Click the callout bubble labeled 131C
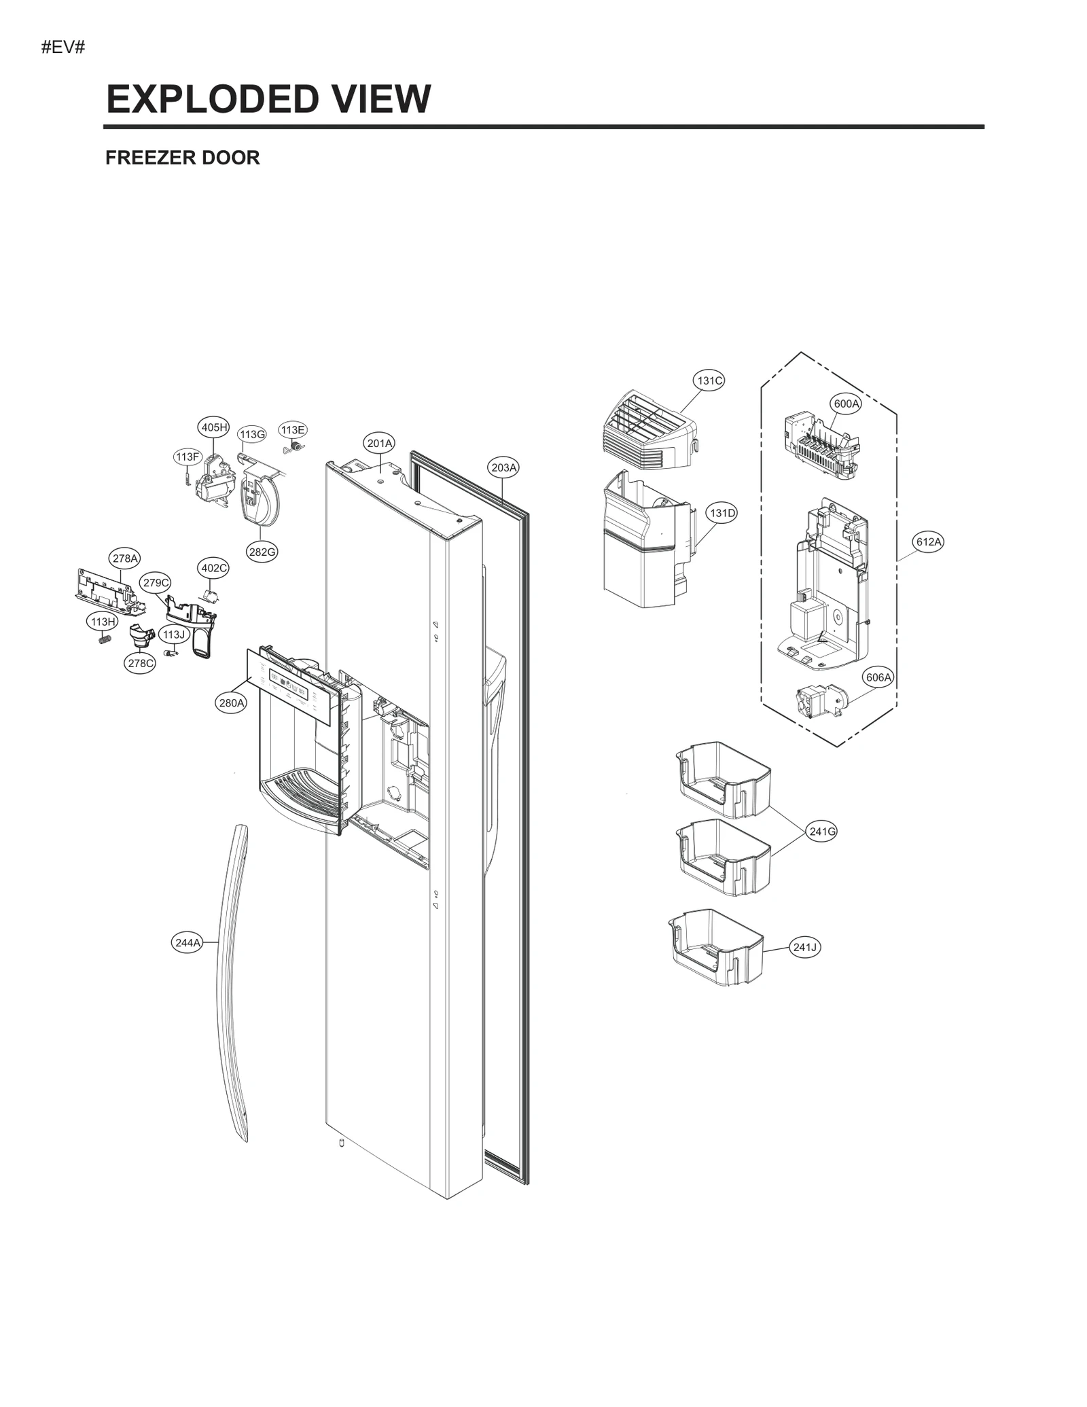pyautogui.click(x=709, y=380)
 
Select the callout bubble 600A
pyautogui.click(x=846, y=404)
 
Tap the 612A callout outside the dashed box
pyautogui.click(x=928, y=541)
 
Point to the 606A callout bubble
pyautogui.click(x=878, y=677)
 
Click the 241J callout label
pyautogui.click(x=805, y=947)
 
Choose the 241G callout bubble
pyautogui.click(x=822, y=831)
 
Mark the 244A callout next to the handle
pyautogui.click(x=188, y=942)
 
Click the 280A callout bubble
pyautogui.click(x=231, y=702)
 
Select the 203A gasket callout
pyautogui.click(x=504, y=467)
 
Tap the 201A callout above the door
pyautogui.click(x=380, y=444)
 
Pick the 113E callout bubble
pyautogui.click(x=293, y=430)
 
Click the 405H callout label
pyautogui.click(x=214, y=427)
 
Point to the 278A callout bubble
pyautogui.click(x=125, y=558)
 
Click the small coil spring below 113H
pyautogui.click(x=104, y=639)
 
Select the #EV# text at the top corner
pyautogui.click(x=63, y=48)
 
